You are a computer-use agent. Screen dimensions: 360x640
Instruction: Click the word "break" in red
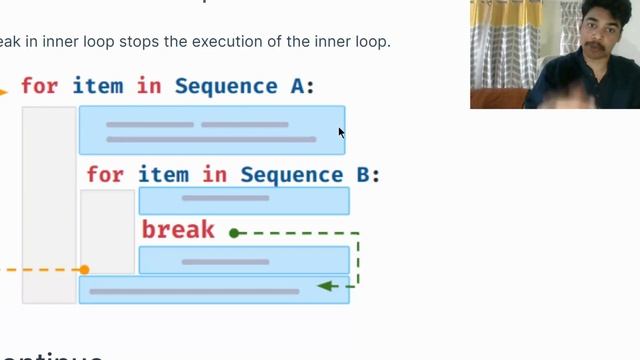click(x=178, y=230)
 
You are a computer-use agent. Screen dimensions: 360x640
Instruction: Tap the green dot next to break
click(x=234, y=233)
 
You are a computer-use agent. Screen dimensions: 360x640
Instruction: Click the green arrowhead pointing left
click(x=323, y=286)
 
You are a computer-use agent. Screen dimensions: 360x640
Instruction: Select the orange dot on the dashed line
click(x=84, y=270)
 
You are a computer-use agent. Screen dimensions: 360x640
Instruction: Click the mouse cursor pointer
click(x=341, y=132)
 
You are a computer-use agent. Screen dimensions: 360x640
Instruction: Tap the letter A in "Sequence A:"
click(x=297, y=86)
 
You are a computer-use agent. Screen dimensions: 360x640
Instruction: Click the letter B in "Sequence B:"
click(x=363, y=175)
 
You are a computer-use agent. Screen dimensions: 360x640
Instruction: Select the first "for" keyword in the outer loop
click(x=40, y=86)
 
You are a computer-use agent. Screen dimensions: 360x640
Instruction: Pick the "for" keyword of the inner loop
click(x=105, y=175)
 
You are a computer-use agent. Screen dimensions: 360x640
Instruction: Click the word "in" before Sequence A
click(x=149, y=86)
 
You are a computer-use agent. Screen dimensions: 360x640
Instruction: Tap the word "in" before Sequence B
click(x=215, y=175)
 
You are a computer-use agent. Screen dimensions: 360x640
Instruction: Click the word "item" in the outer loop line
click(x=98, y=86)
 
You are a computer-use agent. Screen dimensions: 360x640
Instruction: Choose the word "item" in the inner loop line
click(x=163, y=175)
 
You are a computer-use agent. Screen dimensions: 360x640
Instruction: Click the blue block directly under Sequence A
click(x=212, y=130)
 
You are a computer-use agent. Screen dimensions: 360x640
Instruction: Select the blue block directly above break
click(x=244, y=200)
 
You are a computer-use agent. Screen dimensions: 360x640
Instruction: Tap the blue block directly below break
click(x=244, y=261)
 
